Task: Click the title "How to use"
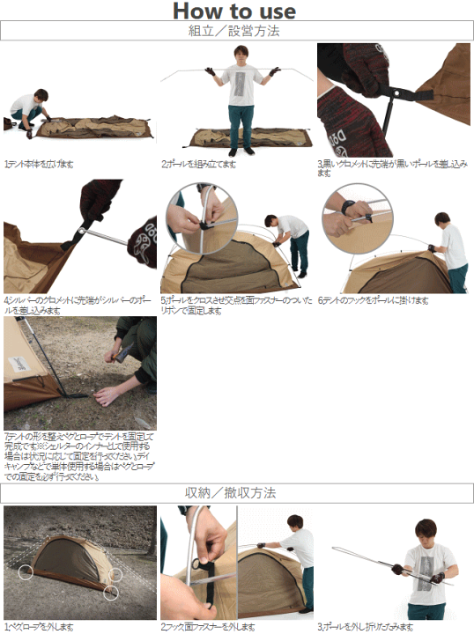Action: pyautogui.click(x=234, y=11)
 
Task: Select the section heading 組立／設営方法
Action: pyautogui.click(x=236, y=31)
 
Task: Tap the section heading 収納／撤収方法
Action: pyautogui.click(x=236, y=493)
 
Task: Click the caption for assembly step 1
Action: pyautogui.click(x=40, y=164)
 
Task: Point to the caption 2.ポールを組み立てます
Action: pyautogui.click(x=199, y=164)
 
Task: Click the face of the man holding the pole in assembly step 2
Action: pyautogui.click(x=241, y=55)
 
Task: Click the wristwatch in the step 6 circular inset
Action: pyautogui.click(x=351, y=210)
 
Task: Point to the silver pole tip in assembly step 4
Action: pyautogui.click(x=81, y=231)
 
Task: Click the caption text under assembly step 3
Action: pyautogui.click(x=392, y=167)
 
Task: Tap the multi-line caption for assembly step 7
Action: pyautogui.click(x=79, y=456)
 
